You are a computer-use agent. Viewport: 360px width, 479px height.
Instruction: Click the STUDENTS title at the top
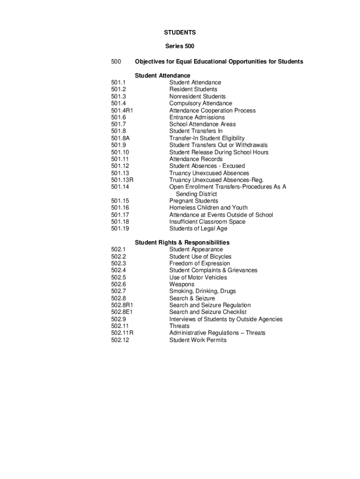pyautogui.click(x=180, y=33)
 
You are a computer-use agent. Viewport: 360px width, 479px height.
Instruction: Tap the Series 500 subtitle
pyautogui.click(x=180, y=46)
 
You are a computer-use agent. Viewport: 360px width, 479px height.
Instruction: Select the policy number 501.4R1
pyautogui.click(x=122, y=110)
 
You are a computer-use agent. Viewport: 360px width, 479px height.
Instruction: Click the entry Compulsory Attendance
pyautogui.click(x=201, y=103)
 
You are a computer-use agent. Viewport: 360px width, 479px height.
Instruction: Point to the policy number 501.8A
pyautogui.click(x=120, y=138)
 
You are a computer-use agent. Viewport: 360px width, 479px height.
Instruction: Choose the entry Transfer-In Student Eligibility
pyautogui.click(x=207, y=138)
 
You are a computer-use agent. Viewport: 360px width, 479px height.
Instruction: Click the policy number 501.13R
pyautogui.click(x=122, y=180)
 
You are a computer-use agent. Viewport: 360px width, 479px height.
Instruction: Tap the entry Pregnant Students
pyautogui.click(x=194, y=201)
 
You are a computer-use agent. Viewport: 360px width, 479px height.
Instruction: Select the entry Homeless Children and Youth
pyautogui.click(x=209, y=208)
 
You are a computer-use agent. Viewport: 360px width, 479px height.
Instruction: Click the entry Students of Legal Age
pyautogui.click(x=198, y=229)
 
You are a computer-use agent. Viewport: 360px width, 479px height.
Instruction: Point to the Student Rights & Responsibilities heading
pyautogui.click(x=182, y=242)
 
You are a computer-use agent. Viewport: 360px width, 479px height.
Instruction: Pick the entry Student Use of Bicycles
pyautogui.click(x=200, y=257)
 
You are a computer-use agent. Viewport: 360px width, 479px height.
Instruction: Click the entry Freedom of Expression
pyautogui.click(x=200, y=263)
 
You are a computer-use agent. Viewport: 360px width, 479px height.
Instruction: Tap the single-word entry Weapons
pyautogui.click(x=182, y=284)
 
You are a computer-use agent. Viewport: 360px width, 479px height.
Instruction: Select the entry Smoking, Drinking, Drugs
pyautogui.click(x=202, y=291)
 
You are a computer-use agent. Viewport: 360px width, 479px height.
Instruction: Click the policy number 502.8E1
pyautogui.click(x=122, y=312)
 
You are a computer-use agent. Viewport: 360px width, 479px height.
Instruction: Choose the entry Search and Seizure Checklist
pyautogui.click(x=208, y=312)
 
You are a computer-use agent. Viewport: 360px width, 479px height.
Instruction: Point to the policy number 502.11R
pyautogui.click(x=122, y=333)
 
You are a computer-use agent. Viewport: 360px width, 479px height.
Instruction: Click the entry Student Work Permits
pyautogui.click(x=198, y=340)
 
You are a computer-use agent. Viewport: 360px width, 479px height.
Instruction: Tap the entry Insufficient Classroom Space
pyautogui.click(x=207, y=222)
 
